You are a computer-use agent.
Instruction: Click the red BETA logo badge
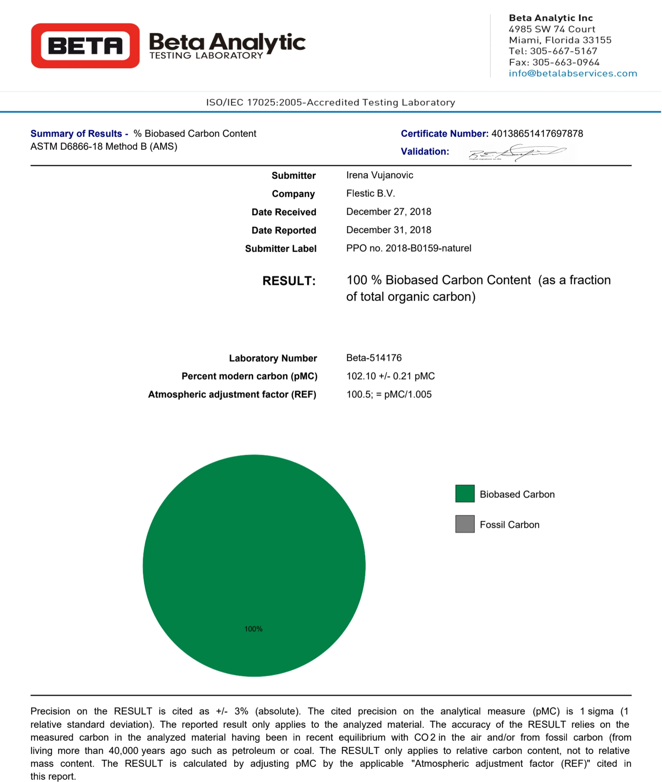pyautogui.click(x=85, y=45)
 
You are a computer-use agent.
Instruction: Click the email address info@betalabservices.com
pyautogui.click(x=573, y=74)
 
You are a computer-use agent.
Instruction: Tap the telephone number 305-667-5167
pyautogui.click(x=563, y=51)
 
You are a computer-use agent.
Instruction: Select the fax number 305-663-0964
pyautogui.click(x=565, y=63)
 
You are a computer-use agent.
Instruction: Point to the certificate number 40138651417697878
pyautogui.click(x=537, y=134)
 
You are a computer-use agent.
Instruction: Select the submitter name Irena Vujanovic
pyautogui.click(x=379, y=175)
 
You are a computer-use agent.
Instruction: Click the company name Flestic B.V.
pyautogui.click(x=370, y=194)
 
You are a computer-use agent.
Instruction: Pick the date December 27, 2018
pyautogui.click(x=388, y=212)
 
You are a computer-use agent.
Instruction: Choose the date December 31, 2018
pyautogui.click(x=388, y=230)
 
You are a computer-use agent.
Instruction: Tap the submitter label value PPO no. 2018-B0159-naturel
pyautogui.click(x=408, y=248)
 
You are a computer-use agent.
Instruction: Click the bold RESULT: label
pyautogui.click(x=289, y=281)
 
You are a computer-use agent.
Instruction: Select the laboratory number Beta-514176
pyautogui.click(x=374, y=358)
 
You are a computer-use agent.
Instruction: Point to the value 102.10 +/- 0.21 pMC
pyautogui.click(x=390, y=376)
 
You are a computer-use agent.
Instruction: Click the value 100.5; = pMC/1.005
pyautogui.click(x=389, y=395)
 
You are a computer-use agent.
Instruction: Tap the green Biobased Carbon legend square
pyautogui.click(x=465, y=493)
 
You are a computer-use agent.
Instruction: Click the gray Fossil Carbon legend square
pyautogui.click(x=465, y=524)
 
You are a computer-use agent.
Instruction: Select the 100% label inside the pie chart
pyautogui.click(x=253, y=629)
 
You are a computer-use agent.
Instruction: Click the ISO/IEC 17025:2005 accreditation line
pyautogui.click(x=331, y=102)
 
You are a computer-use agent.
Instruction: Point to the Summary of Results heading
pyautogui.click(x=76, y=134)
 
